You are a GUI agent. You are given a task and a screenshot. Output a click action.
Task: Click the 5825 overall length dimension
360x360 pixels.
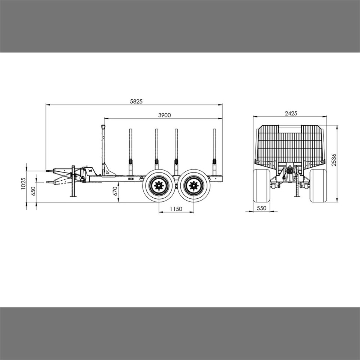click(136, 101)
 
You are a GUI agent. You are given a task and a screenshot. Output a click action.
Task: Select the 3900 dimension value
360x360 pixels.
click(165, 115)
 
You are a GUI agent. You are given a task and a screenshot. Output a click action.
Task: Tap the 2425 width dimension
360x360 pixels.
click(291, 113)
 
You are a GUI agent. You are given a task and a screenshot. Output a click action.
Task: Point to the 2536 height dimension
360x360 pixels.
click(334, 160)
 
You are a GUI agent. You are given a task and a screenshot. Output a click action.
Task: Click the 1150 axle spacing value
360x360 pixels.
click(176, 209)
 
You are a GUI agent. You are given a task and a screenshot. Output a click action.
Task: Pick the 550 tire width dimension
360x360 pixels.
click(261, 208)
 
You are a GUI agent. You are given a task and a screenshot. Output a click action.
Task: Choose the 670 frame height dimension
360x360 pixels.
click(115, 191)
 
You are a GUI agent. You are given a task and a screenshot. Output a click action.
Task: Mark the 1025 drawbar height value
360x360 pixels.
click(23, 183)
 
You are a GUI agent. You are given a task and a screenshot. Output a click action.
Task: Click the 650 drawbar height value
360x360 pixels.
click(33, 191)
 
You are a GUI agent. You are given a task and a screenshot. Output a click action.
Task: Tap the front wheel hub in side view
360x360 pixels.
click(159, 186)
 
